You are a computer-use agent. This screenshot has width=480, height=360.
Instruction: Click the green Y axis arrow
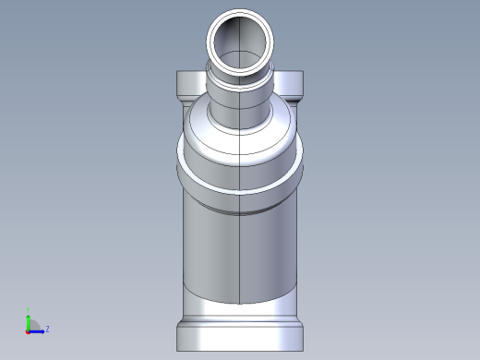29,318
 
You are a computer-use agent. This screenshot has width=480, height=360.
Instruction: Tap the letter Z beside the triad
47,329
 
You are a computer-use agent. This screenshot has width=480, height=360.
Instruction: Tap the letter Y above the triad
29,310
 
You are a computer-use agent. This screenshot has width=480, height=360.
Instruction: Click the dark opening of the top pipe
240,42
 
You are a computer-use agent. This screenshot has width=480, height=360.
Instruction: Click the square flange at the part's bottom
239,334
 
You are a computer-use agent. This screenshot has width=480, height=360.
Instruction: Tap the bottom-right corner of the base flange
301,346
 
